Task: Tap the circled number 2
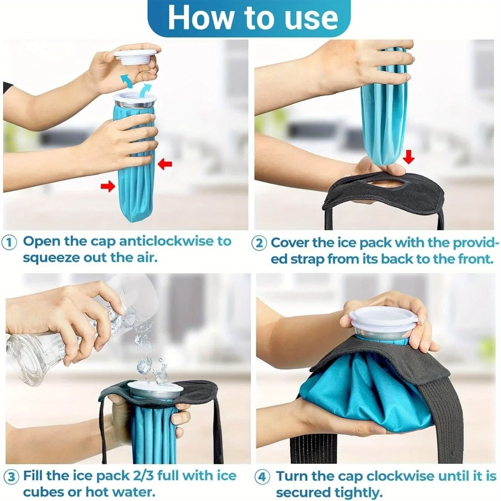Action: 259,243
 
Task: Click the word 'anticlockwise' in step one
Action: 167,241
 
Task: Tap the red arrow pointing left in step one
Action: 165,164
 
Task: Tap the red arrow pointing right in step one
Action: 107,186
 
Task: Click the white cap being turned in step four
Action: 383,318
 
